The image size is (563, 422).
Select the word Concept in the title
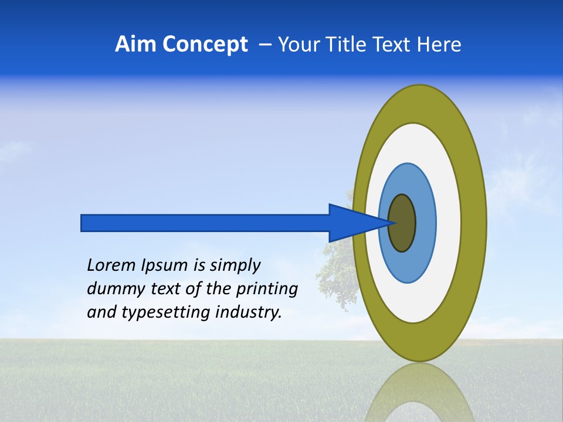pyautogui.click(x=205, y=45)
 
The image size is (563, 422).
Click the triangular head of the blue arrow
pyautogui.click(x=352, y=223)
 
